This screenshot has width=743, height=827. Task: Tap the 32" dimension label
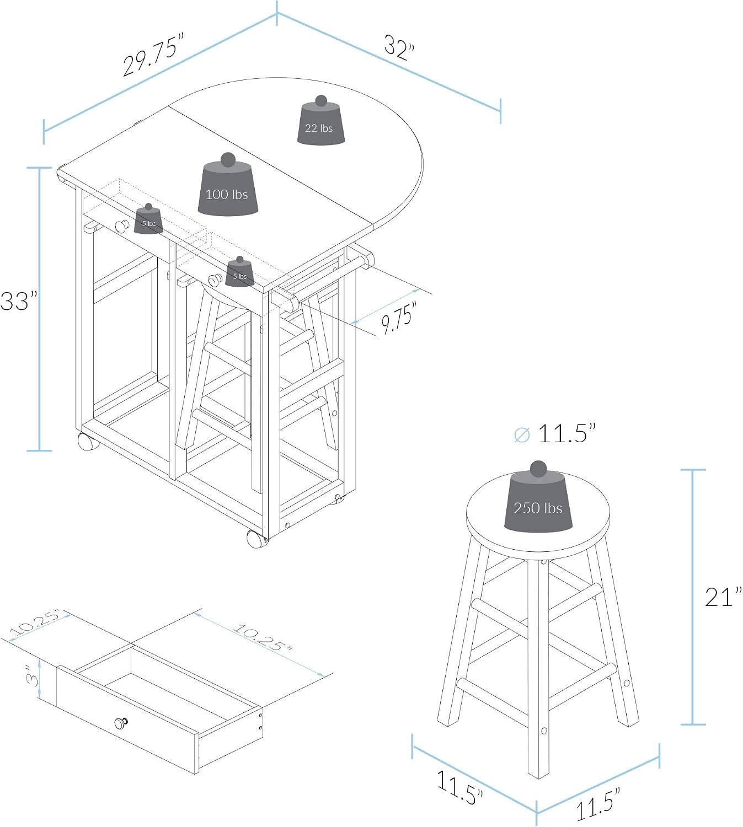pyautogui.click(x=399, y=48)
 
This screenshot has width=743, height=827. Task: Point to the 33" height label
pyautogui.click(x=19, y=301)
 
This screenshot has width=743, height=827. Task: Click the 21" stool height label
pyautogui.click(x=723, y=597)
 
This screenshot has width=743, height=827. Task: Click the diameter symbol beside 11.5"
pyautogui.click(x=522, y=434)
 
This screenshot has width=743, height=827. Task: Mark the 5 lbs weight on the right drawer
pyautogui.click(x=240, y=272)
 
